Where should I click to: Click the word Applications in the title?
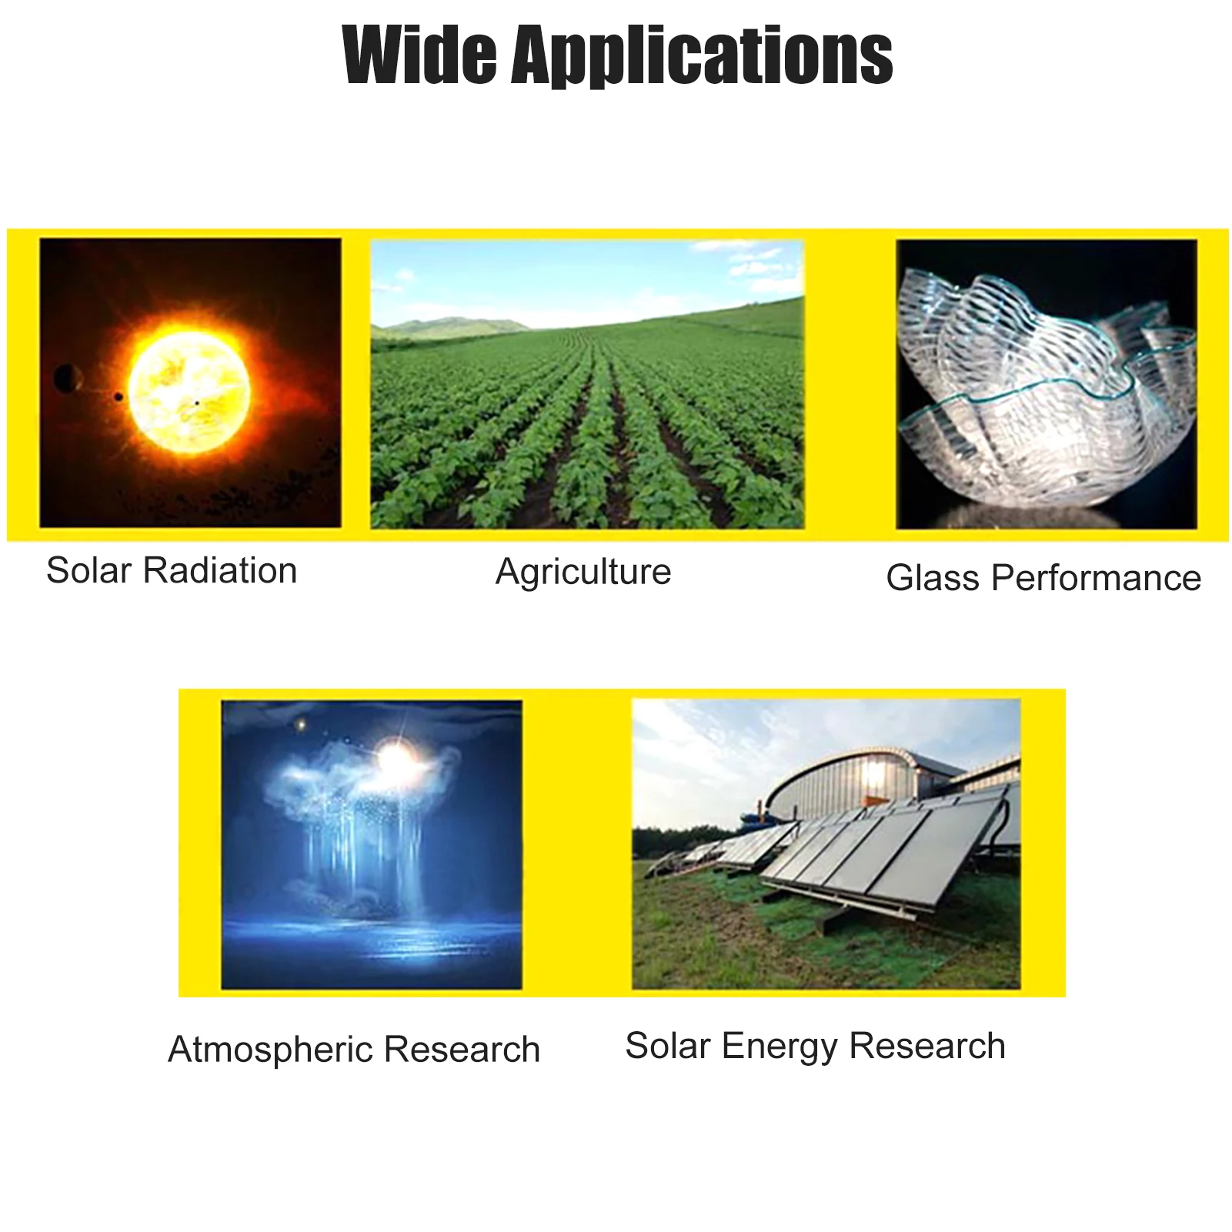[703, 57]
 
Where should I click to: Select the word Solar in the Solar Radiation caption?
[89, 571]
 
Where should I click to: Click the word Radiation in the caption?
[220, 571]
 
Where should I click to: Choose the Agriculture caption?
[583, 572]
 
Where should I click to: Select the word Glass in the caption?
[933, 578]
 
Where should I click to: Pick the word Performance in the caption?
[1097, 578]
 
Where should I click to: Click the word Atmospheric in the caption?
[271, 1050]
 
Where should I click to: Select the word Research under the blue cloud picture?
[462, 1050]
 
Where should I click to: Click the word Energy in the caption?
[780, 1047]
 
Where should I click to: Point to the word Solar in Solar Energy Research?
[668, 1046]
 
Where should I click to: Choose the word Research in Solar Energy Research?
[927, 1046]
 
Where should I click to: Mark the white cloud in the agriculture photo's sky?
[758, 262]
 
